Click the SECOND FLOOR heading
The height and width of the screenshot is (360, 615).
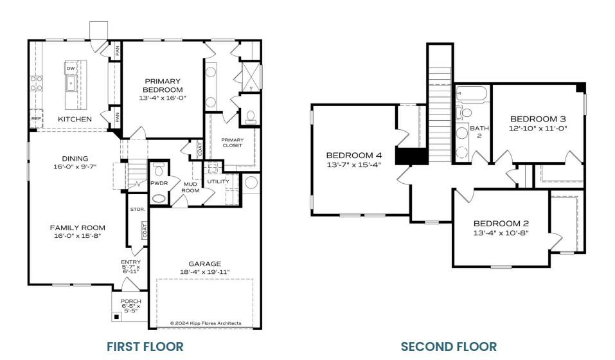point(449,346)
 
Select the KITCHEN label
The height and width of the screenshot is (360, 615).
point(75,119)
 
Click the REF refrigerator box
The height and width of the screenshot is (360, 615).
point(36,119)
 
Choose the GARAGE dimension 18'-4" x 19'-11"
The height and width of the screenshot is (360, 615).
point(205,273)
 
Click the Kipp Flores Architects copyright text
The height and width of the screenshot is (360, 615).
point(205,323)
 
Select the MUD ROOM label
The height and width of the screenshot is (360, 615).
point(191,186)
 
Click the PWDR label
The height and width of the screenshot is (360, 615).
point(159,183)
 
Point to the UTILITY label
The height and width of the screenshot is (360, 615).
point(218,182)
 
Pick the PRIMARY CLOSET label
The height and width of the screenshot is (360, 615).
point(231,142)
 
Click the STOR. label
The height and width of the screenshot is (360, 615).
point(137,210)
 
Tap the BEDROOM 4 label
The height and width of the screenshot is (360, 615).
point(353,155)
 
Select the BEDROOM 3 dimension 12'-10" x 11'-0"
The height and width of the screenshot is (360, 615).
point(538,127)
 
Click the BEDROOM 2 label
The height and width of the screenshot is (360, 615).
point(501,224)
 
